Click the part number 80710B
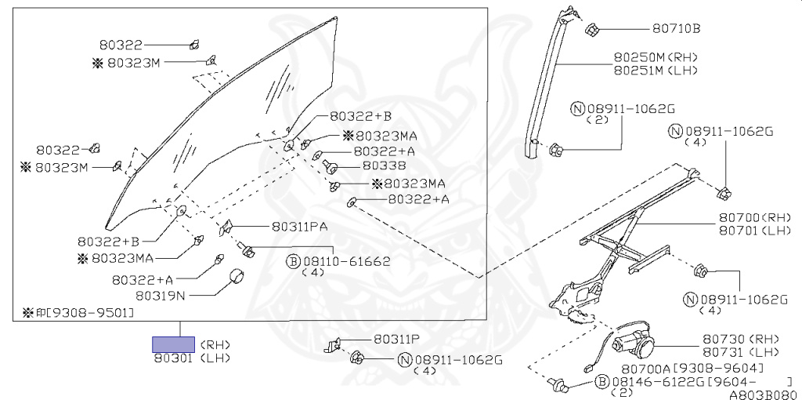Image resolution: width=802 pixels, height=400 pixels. [676, 30]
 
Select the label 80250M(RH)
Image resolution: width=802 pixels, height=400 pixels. [655, 57]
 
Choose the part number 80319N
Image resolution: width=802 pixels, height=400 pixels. [160, 296]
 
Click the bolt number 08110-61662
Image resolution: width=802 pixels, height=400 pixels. [346, 260]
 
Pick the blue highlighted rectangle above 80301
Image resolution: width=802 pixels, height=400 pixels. [173, 344]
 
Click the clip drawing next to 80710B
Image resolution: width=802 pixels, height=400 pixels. [592, 31]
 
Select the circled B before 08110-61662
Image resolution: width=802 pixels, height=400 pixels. [294, 260]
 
